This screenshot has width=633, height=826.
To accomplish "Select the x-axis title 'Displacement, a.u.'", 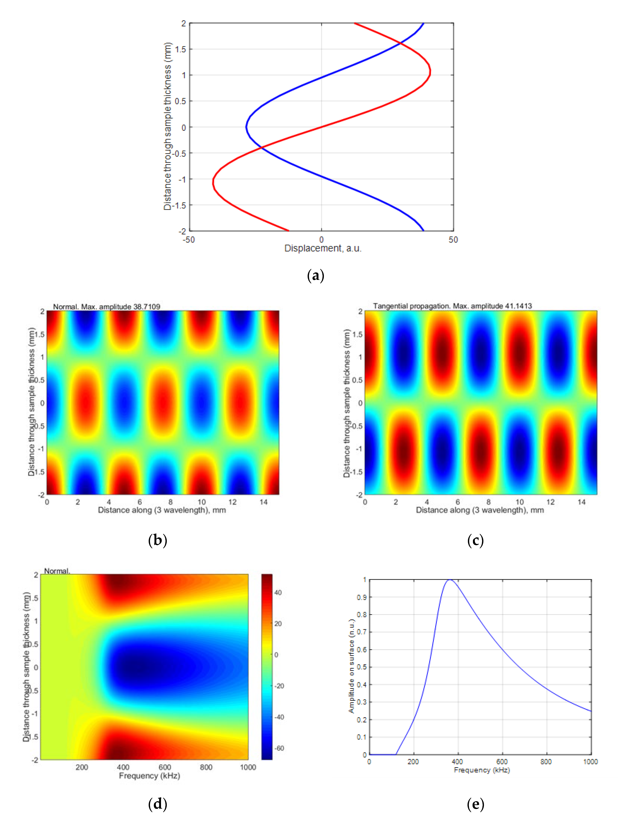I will click(x=323, y=248).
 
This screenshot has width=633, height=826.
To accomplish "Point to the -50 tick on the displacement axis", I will click(x=189, y=240).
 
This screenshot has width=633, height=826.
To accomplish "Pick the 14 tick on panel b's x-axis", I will click(x=263, y=502).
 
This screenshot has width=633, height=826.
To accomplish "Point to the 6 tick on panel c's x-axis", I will click(x=457, y=502).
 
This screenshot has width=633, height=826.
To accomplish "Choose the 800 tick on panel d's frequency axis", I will click(x=206, y=767).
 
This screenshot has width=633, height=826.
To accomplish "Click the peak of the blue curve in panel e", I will click(x=449, y=580).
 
